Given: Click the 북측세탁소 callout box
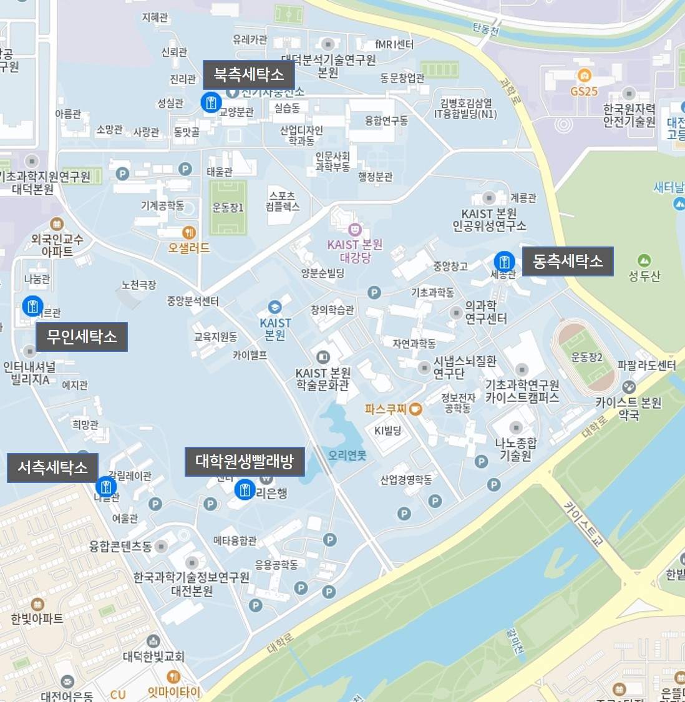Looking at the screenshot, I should coord(248,75).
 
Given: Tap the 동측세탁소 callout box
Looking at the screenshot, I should coord(567,261).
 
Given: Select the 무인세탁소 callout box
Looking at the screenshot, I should coord(82,337).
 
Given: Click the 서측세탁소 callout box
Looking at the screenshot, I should coord(52,467).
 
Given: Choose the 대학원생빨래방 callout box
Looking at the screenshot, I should coord(244,462).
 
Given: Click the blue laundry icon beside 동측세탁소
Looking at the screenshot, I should coord(504,261).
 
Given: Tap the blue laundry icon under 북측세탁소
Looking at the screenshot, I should coord(211,102).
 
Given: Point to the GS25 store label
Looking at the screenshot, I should coord(584,91).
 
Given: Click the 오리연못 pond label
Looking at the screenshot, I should coord(347,456).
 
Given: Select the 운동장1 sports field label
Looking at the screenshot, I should coord(228,208).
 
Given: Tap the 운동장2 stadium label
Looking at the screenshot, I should coord(586,357).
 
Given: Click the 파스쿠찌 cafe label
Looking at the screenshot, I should coord(386,409).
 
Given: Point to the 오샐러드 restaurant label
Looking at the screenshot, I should coord(188,248).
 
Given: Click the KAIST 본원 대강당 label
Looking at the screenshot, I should coord(354,251).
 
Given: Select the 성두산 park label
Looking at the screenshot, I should coord(644,276).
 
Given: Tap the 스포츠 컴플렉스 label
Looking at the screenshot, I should coord(282,201).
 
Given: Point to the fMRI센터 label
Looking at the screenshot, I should coord(394,44).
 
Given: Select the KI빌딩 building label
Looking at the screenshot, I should coord(387,431).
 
